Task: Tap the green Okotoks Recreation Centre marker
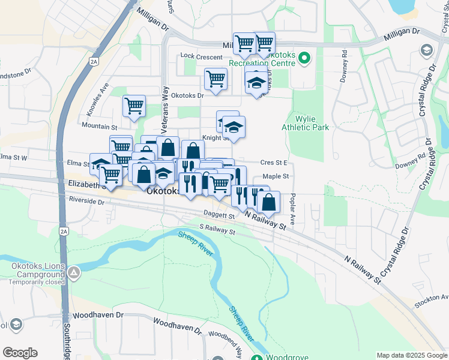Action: (304, 58)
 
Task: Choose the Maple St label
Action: (276, 176)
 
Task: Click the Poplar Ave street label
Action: (292, 209)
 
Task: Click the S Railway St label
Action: (217, 229)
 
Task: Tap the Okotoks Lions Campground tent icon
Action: (74, 273)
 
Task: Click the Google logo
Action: (20, 353)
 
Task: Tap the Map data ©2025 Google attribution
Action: (411, 355)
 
